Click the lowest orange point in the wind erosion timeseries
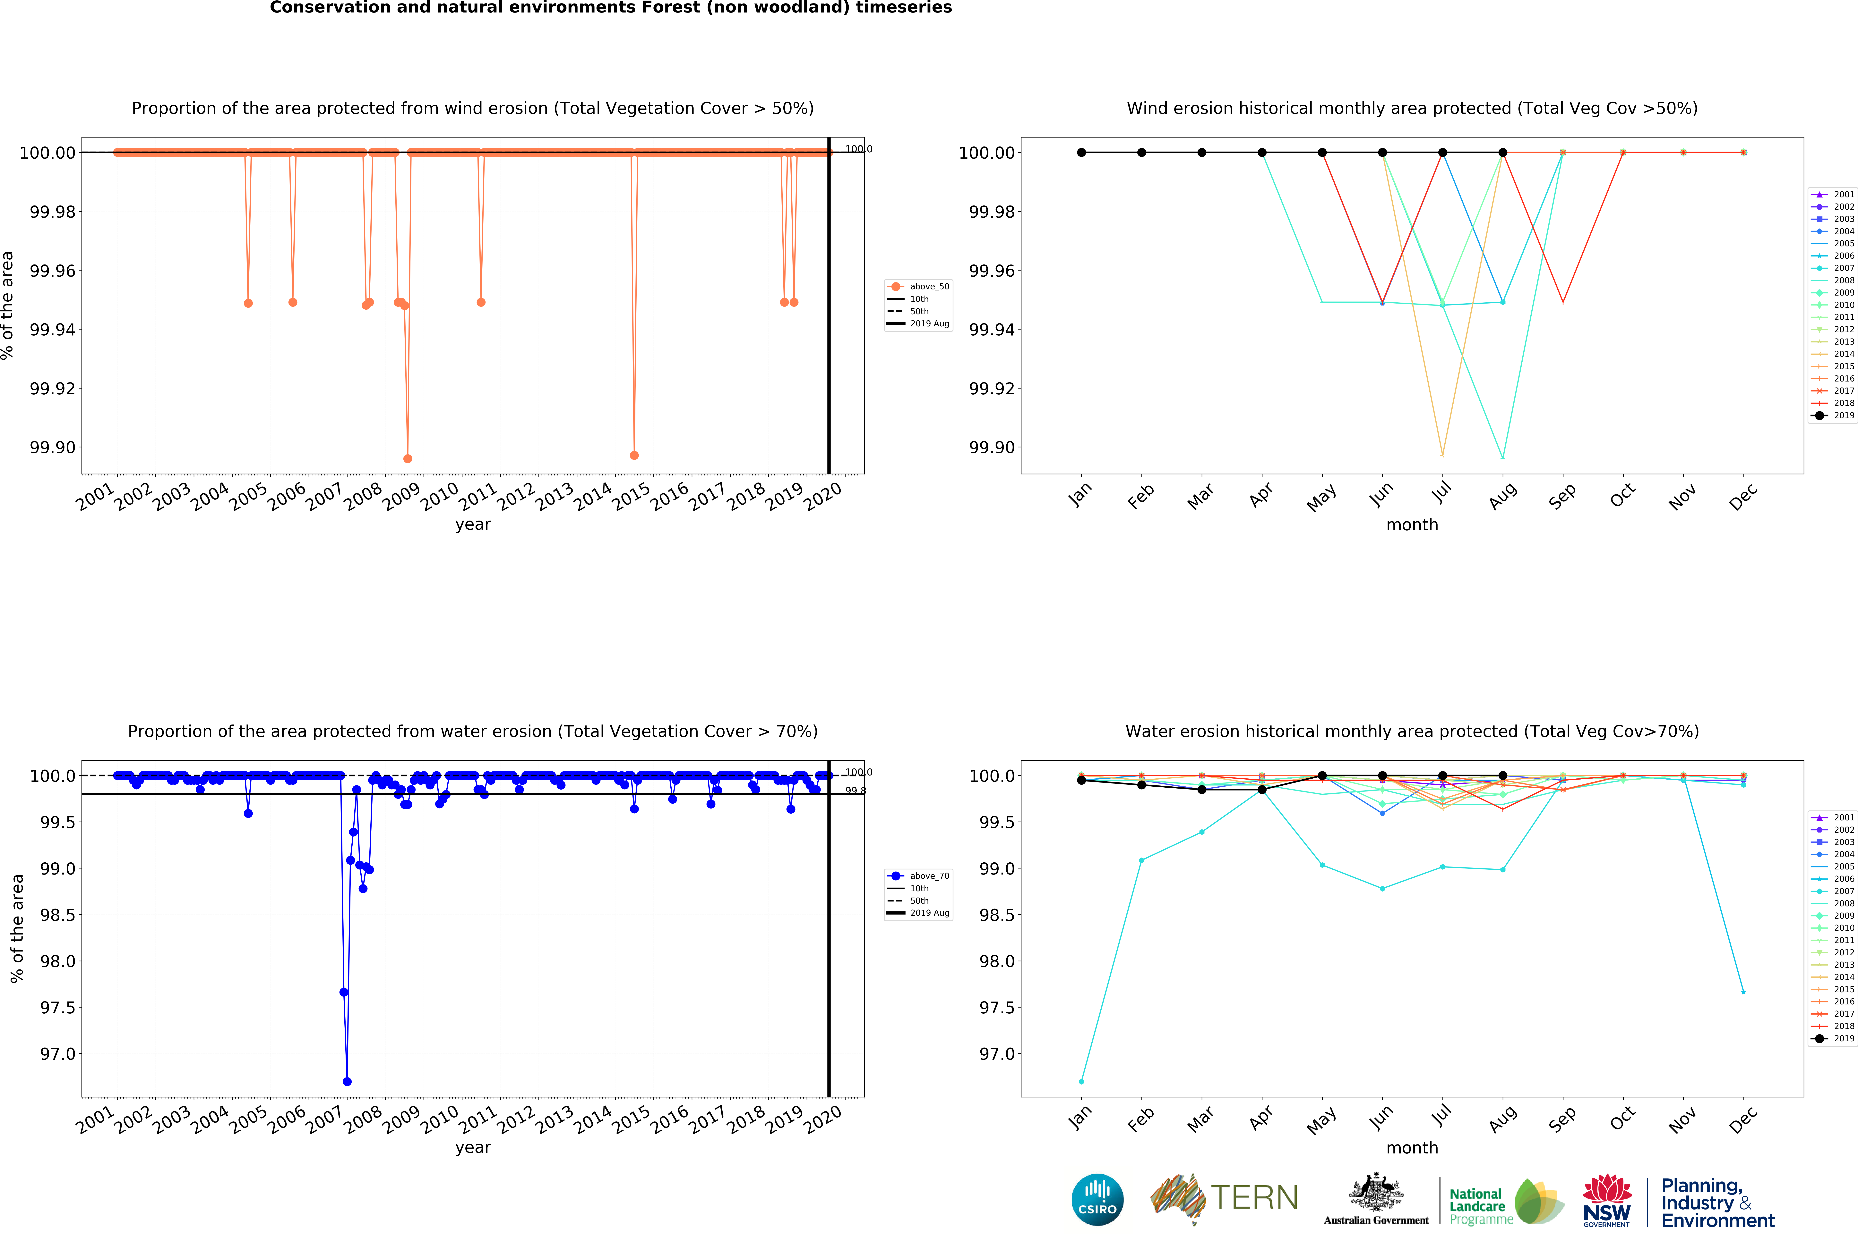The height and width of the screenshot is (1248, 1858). (408, 458)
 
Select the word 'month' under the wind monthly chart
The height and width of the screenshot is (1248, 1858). (1412, 524)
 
